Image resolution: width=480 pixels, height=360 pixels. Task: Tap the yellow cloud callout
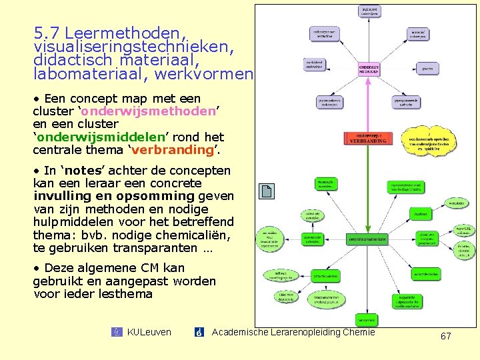(x=434, y=141)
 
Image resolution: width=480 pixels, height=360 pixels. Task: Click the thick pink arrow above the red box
(x=365, y=103)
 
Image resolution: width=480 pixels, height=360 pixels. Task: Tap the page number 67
(x=445, y=336)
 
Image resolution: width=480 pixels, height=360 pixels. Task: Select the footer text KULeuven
(x=149, y=332)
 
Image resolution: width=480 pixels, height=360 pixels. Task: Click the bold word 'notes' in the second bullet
(x=73, y=171)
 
